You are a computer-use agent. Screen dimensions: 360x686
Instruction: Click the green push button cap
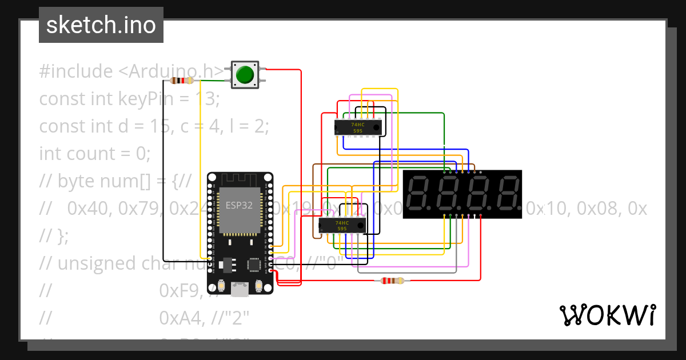click(x=245, y=75)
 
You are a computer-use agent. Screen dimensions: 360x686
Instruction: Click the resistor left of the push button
click(x=182, y=81)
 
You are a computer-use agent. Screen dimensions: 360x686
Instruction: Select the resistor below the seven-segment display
click(x=392, y=281)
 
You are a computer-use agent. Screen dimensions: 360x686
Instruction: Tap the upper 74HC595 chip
click(x=358, y=127)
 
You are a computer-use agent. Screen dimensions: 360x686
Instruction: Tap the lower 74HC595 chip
click(x=342, y=226)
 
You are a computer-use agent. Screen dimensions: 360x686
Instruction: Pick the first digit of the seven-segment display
click(x=421, y=194)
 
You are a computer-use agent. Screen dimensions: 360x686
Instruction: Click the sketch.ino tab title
click(x=101, y=25)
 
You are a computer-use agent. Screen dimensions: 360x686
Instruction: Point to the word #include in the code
click(x=76, y=71)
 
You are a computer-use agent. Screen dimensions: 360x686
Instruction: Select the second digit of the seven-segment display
click(x=449, y=194)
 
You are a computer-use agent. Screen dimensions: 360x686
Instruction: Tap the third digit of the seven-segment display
click(x=478, y=194)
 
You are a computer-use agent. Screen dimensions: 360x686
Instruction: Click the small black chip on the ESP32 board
click(x=254, y=265)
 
